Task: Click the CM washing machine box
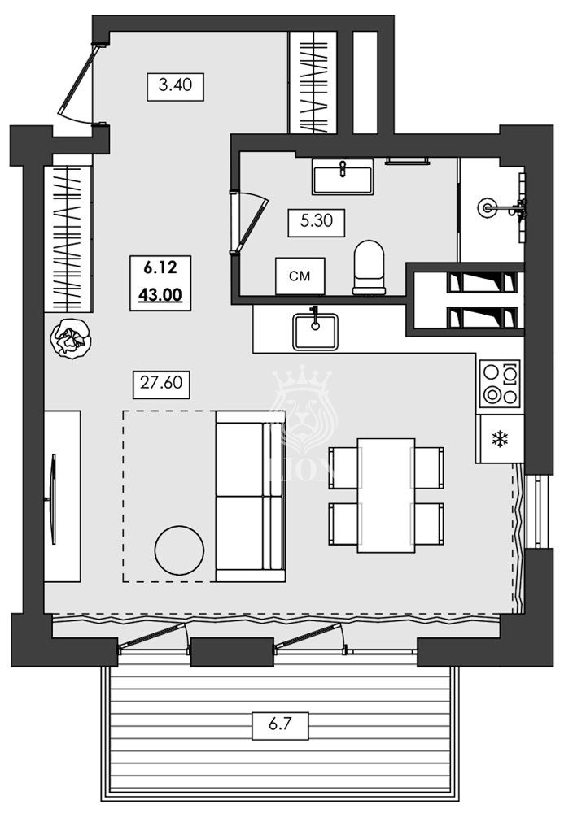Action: point(300,276)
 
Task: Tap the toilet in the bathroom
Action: point(369,267)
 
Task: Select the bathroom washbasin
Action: point(343,176)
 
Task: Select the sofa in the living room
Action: point(250,497)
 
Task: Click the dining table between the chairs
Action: point(386,495)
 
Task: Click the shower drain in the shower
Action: point(488,208)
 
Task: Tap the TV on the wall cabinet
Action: point(54,498)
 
